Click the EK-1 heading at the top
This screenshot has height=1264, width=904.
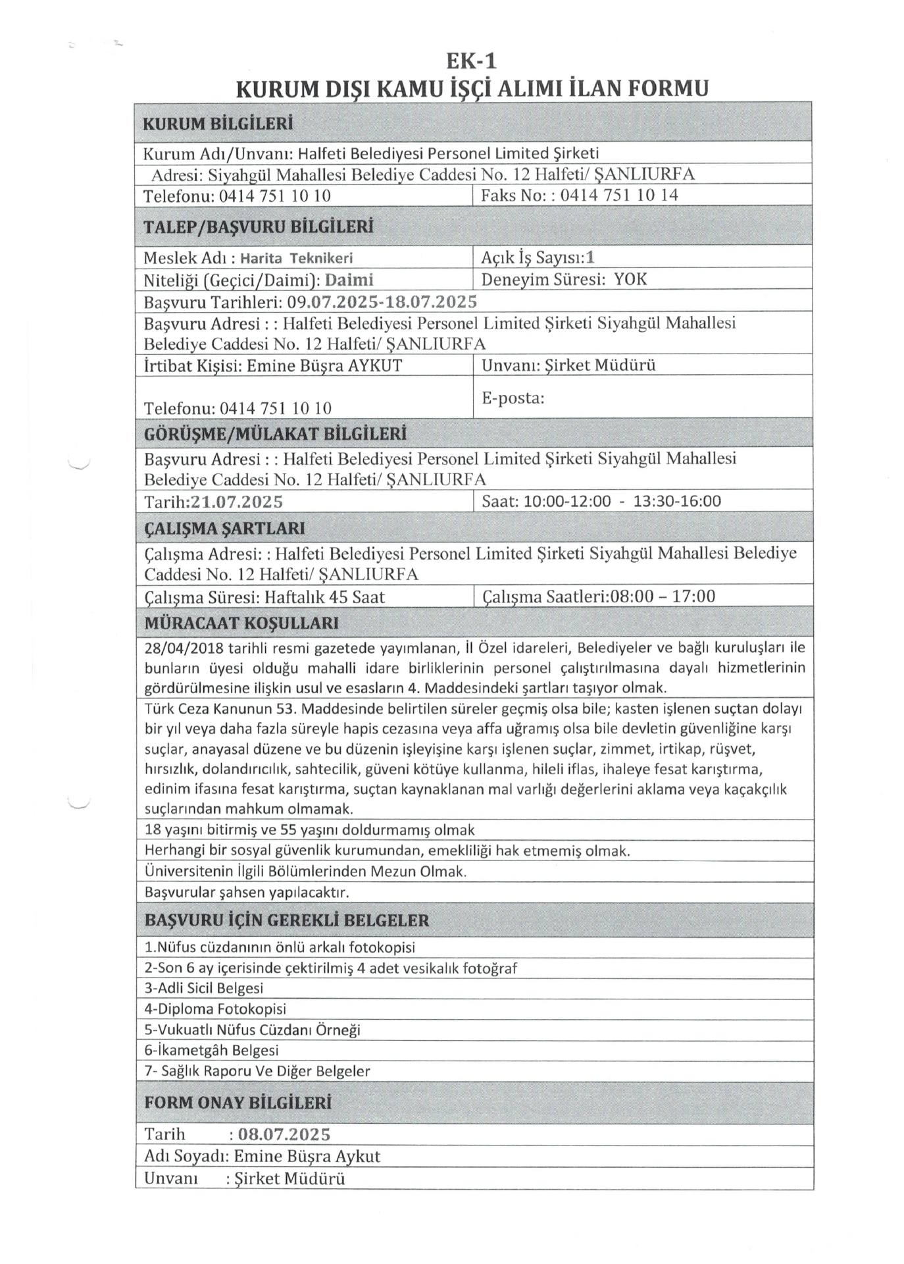pos(471,61)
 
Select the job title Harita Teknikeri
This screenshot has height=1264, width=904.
pos(296,259)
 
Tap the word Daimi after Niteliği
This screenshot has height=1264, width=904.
pos(349,280)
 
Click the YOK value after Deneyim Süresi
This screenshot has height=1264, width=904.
pos(630,280)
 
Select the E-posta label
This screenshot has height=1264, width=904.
pos(513,398)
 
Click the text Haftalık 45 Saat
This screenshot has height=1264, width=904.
pos(324,598)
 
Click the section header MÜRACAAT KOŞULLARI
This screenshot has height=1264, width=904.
pos(241,623)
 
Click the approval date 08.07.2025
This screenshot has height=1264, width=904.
pos(284,1134)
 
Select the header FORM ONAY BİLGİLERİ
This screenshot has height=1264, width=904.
pos(238,1103)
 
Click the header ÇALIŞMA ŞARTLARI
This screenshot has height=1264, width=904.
pos(224,529)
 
